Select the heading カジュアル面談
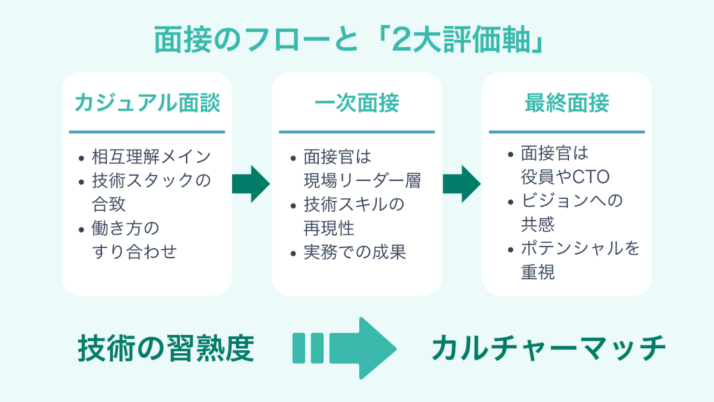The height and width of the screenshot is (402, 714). [x=147, y=103]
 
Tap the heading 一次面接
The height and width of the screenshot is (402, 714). [x=356, y=103]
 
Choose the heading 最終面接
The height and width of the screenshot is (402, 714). [x=566, y=103]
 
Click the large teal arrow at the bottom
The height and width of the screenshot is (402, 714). [x=344, y=348]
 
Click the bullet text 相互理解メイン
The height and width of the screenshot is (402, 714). [x=151, y=156]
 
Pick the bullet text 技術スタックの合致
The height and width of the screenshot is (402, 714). [x=151, y=193]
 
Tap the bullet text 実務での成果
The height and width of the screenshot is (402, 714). [x=355, y=252]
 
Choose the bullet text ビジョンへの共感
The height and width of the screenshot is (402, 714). [x=572, y=212]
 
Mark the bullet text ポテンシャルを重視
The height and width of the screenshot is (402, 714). [x=579, y=260]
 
